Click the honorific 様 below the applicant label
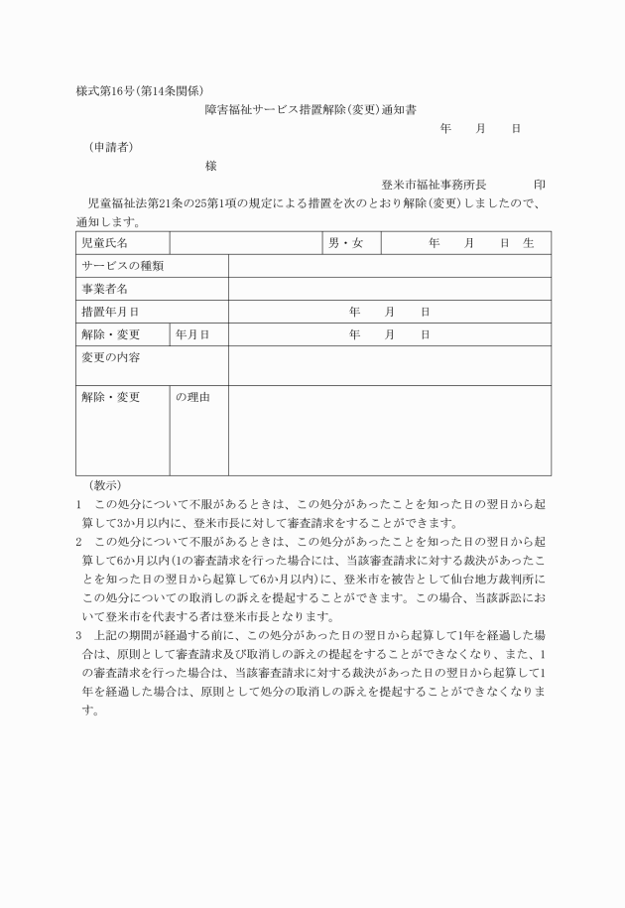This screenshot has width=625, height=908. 210,166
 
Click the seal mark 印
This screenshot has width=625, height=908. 539,185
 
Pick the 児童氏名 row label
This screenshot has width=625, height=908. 104,243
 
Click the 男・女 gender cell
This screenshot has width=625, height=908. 346,243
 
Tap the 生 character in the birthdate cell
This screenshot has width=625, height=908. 529,243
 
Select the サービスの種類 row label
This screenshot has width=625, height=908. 122,266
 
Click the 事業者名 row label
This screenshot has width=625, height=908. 104,289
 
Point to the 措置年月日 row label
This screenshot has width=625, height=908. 110,312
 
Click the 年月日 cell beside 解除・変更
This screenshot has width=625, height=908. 192,334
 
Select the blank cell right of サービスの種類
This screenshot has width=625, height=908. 389,266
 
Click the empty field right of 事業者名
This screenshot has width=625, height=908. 389,289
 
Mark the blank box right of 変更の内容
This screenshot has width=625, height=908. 389,365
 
